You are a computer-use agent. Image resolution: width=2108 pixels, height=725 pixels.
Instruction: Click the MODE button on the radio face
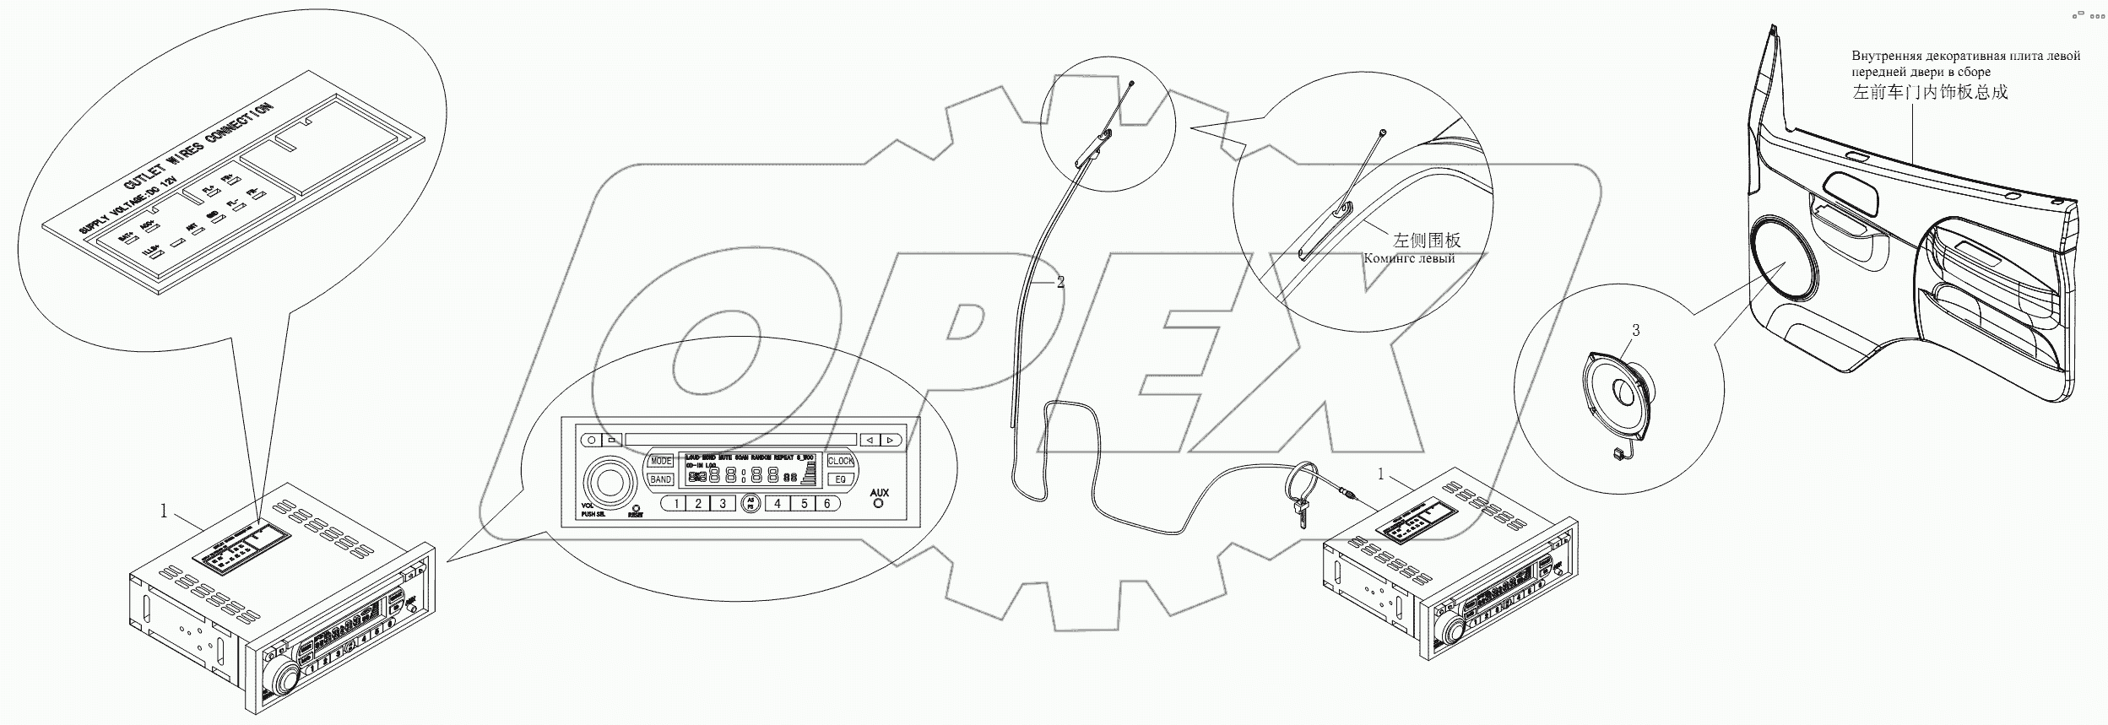click(660, 461)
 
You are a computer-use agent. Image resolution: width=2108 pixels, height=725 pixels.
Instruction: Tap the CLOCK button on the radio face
click(840, 461)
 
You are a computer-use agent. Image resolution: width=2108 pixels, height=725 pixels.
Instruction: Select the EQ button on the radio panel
click(840, 479)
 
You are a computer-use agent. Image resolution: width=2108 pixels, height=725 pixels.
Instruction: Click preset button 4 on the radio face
click(777, 504)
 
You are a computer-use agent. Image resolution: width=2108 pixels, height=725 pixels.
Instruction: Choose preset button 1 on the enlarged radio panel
click(675, 504)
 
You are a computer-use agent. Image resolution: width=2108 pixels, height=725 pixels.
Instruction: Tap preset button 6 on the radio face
click(827, 504)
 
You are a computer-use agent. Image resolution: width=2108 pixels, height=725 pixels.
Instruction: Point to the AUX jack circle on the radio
click(879, 503)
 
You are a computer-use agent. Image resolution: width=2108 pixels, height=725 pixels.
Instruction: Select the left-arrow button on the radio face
click(869, 440)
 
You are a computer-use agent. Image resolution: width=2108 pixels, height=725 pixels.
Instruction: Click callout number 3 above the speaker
click(1635, 331)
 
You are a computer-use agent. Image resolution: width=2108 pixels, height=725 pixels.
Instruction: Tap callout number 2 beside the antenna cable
click(1060, 283)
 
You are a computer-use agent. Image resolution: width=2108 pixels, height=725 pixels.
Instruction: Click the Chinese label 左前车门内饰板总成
click(1930, 93)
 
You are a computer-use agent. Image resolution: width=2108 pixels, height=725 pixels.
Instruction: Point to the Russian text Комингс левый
click(1409, 258)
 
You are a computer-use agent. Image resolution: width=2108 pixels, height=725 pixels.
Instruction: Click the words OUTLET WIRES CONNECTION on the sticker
click(199, 157)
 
